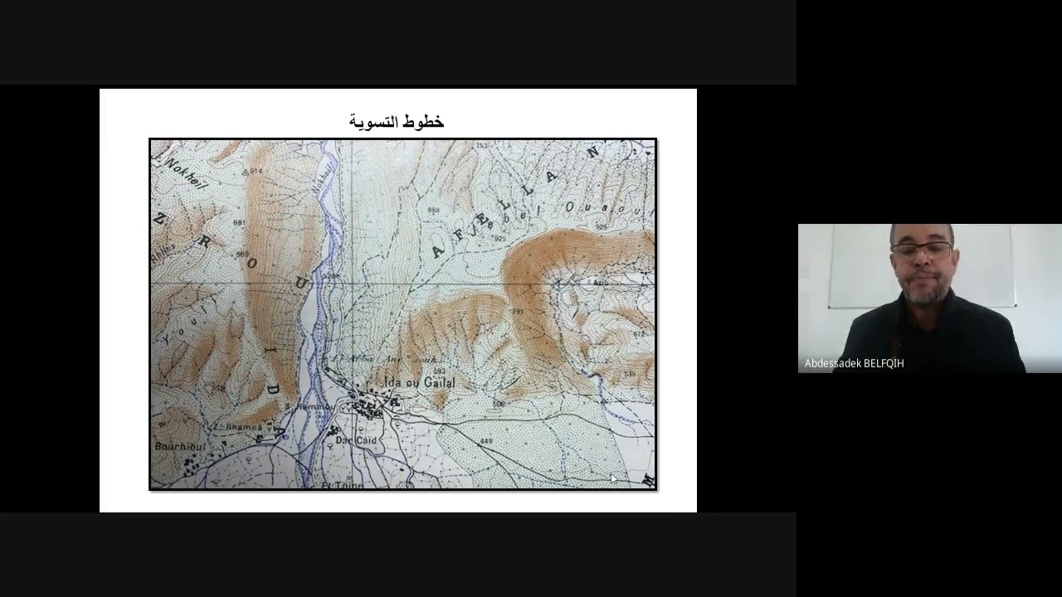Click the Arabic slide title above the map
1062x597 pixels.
click(397, 122)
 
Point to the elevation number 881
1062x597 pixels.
click(240, 223)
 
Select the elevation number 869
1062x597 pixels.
click(242, 254)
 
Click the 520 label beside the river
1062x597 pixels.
click(332, 276)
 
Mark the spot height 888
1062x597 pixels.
click(433, 211)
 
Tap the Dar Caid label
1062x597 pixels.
click(356, 440)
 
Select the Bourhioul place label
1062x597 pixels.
click(179, 447)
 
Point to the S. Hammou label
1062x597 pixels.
click(309, 406)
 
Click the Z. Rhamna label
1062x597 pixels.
click(238, 427)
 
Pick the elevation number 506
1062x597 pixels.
click(498, 404)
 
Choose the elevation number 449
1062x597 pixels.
click(486, 440)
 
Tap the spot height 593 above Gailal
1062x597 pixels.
click(440, 371)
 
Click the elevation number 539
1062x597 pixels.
click(630, 374)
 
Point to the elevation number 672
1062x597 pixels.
click(639, 334)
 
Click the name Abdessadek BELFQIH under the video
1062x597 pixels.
click(854, 363)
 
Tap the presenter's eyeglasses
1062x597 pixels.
click(923, 249)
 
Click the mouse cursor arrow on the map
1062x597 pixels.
click(613, 478)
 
